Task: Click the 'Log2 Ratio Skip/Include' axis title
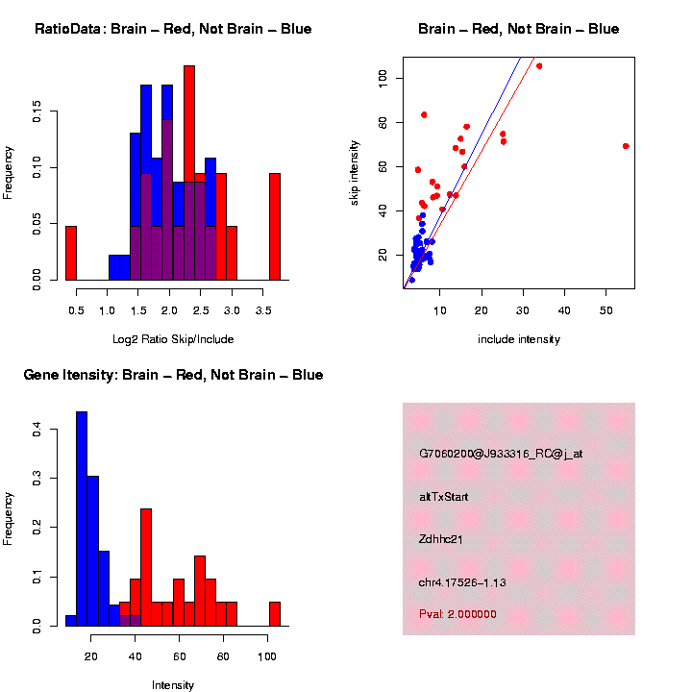point(173,339)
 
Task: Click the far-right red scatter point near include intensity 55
point(626,146)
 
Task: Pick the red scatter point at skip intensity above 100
point(539,66)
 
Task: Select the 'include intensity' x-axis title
point(519,339)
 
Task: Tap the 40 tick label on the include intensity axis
point(564,309)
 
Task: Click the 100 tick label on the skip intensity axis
point(383,79)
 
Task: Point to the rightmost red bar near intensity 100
point(275,614)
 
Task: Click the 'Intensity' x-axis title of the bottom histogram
point(173,685)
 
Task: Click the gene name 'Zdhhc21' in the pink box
point(441,539)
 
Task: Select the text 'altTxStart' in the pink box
point(444,497)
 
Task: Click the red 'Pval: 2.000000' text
point(457,614)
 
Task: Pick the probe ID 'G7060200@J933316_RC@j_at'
point(501,454)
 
